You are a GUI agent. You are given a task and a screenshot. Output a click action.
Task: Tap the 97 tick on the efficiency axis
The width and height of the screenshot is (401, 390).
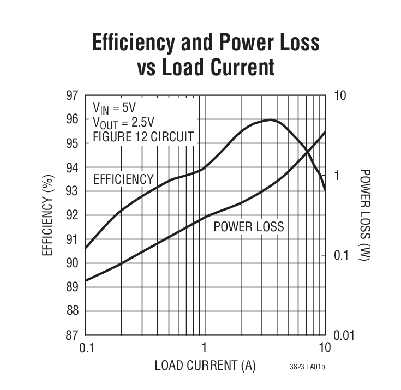[x=73, y=95]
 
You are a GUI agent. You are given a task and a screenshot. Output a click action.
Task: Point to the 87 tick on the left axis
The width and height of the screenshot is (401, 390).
[x=73, y=334]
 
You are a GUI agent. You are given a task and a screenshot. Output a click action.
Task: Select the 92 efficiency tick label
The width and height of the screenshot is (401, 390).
[x=73, y=215]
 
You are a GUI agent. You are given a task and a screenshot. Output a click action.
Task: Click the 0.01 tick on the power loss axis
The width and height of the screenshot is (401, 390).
[x=344, y=334]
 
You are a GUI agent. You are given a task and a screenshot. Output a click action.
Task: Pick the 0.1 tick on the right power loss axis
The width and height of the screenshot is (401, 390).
[x=341, y=255]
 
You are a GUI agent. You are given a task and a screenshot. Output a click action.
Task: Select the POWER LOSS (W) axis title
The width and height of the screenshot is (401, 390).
[x=365, y=215]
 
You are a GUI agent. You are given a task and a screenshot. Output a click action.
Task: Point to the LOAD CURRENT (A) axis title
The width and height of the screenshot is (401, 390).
[x=205, y=365]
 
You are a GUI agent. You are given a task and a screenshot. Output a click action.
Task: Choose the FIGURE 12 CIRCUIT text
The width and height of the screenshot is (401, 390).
[x=143, y=136]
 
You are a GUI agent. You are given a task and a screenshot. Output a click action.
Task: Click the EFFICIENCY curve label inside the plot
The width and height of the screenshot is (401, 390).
[x=123, y=179]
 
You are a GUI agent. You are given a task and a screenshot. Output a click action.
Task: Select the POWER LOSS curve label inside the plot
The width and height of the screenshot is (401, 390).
[x=249, y=226]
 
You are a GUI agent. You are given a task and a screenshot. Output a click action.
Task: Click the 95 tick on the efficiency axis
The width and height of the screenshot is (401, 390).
[x=73, y=143]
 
